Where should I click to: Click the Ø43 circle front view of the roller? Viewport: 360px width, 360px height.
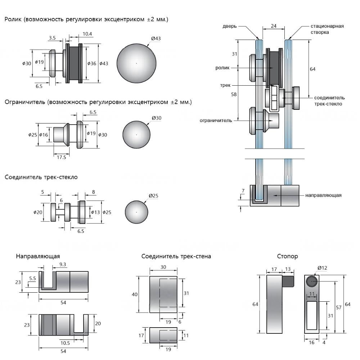tap(136, 63)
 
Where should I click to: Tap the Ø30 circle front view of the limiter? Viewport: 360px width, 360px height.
tap(136, 135)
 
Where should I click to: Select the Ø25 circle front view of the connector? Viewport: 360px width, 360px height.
tap(136, 212)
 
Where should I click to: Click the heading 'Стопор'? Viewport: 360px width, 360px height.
tap(288, 256)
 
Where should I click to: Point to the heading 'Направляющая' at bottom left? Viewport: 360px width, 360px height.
tap(37, 256)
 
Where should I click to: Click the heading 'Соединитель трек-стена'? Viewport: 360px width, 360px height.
tap(176, 256)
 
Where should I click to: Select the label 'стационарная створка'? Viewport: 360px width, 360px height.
tap(327, 29)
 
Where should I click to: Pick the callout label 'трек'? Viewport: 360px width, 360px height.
tap(226, 85)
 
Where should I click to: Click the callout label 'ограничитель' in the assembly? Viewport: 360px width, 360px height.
tap(216, 120)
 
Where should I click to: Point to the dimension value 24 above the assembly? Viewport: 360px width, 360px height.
tap(274, 26)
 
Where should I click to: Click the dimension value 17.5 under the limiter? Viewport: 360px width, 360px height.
tap(62, 157)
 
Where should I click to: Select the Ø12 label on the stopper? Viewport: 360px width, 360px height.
tap(323, 268)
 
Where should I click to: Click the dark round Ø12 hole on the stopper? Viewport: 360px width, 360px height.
tap(311, 281)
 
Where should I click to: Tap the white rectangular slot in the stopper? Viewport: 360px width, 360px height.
tap(312, 315)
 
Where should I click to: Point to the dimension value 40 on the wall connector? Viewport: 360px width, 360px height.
tap(135, 294)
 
